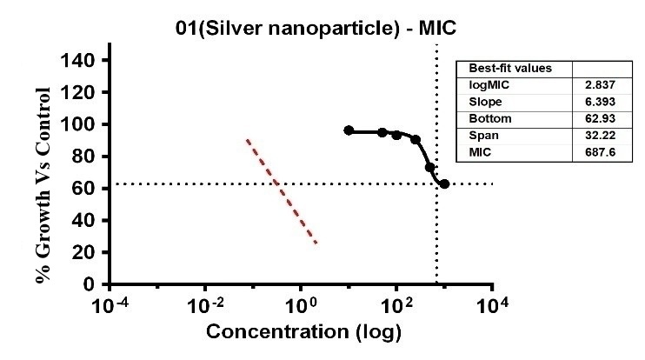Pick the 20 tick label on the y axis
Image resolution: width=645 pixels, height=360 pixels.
point(88,252)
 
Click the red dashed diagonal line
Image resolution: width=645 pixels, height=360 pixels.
point(281,191)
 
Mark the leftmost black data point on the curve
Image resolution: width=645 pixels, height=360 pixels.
point(349,130)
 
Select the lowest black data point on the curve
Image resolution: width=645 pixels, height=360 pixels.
point(444,184)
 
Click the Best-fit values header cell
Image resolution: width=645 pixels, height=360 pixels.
point(498,69)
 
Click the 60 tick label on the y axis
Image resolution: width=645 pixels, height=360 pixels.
point(88,188)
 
